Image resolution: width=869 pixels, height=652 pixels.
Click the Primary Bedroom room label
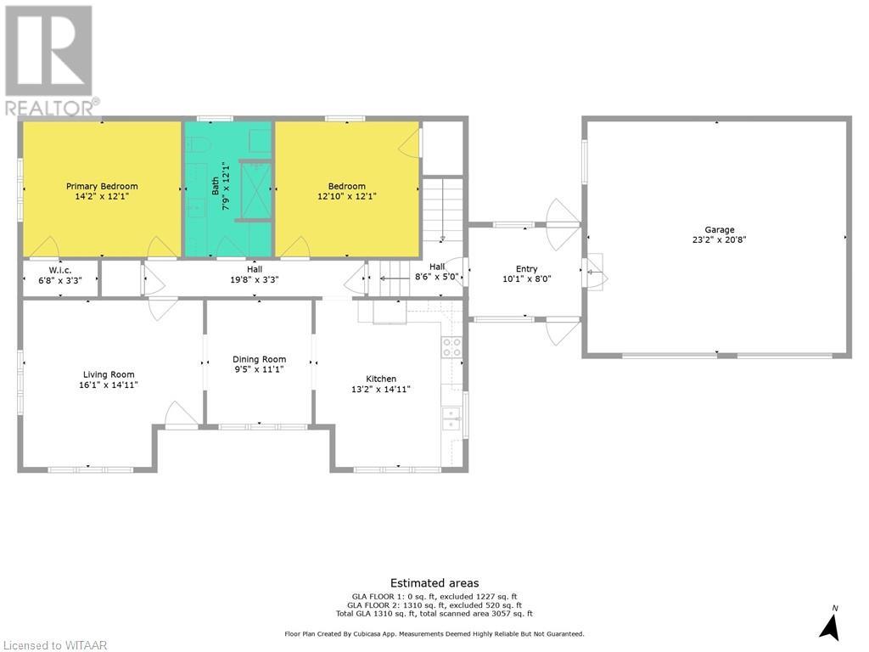(x=102, y=186)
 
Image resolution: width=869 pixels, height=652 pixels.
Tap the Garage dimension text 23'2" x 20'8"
(x=719, y=239)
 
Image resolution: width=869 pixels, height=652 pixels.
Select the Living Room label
(x=109, y=374)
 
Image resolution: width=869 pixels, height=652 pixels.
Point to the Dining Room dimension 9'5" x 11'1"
(x=260, y=369)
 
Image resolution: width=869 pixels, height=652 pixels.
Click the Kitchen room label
(x=381, y=379)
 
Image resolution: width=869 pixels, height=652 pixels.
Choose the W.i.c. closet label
(x=60, y=271)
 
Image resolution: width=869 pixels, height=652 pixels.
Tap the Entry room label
(x=526, y=269)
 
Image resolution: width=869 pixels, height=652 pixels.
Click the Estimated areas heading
(x=434, y=582)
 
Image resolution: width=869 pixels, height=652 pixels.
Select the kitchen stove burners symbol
(x=451, y=346)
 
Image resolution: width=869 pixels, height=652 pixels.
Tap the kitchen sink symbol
(x=451, y=418)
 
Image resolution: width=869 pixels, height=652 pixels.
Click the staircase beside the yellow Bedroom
(x=443, y=209)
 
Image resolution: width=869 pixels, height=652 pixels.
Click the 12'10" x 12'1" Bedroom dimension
(x=347, y=196)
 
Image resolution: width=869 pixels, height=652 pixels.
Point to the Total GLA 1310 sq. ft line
(x=434, y=613)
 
